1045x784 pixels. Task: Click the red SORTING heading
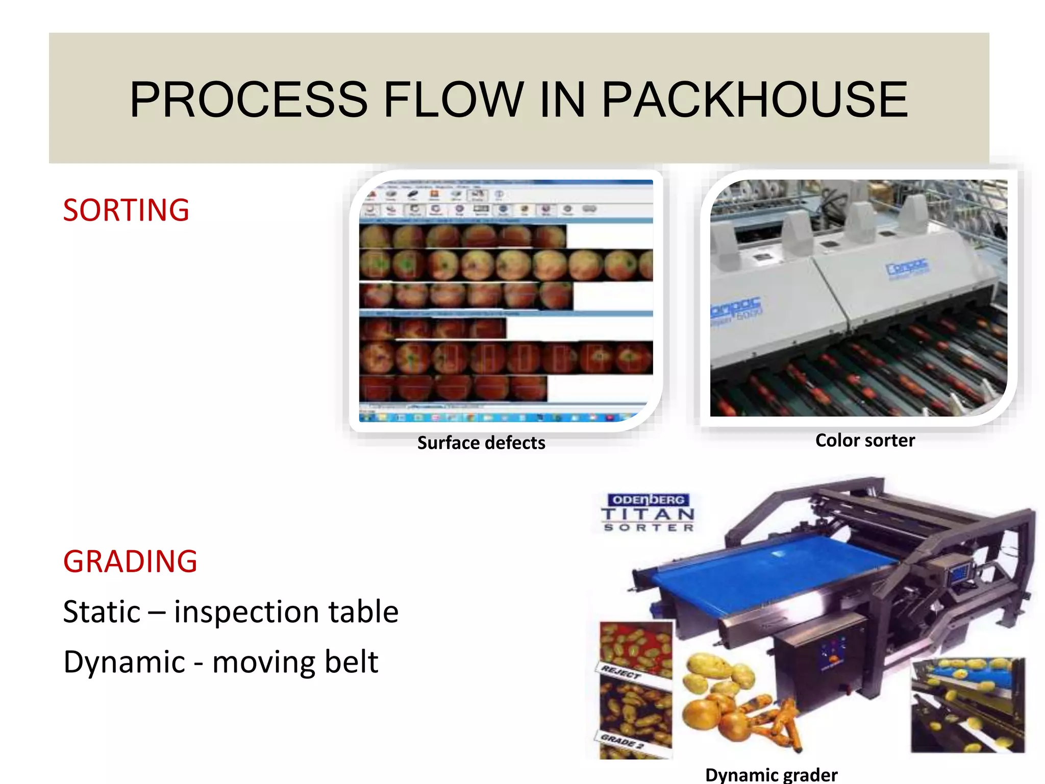126,210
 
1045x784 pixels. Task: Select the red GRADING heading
130,561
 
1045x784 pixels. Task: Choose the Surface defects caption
481,443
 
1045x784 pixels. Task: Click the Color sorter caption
865,440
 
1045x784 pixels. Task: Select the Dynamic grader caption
771,775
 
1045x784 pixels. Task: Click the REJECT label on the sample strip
621,672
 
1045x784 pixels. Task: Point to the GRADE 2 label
623,741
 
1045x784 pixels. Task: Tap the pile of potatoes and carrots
735,699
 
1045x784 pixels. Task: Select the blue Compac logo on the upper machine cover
907,267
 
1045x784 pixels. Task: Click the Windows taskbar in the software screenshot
490,417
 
